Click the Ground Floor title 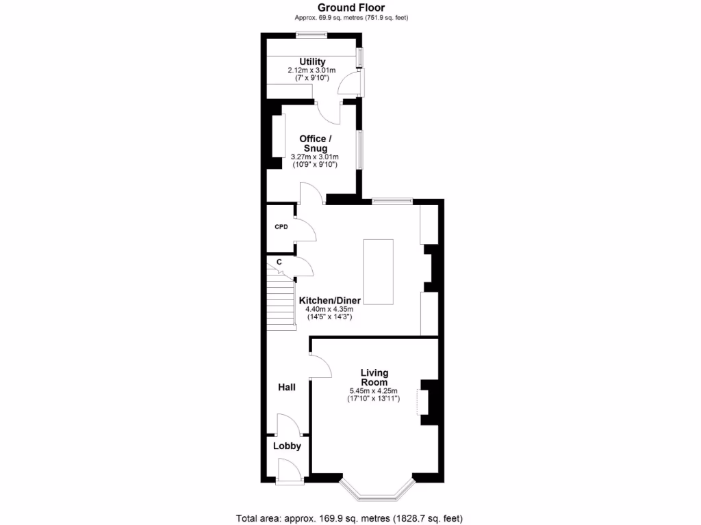pos(350,8)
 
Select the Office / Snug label pos(314,144)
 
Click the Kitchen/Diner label pos(329,300)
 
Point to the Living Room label pos(374,377)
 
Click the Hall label pos(286,388)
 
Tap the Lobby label pos(287,446)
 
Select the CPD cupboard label pos(281,226)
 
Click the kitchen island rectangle pos(378,271)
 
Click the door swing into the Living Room pos(322,367)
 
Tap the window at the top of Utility pos(311,36)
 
